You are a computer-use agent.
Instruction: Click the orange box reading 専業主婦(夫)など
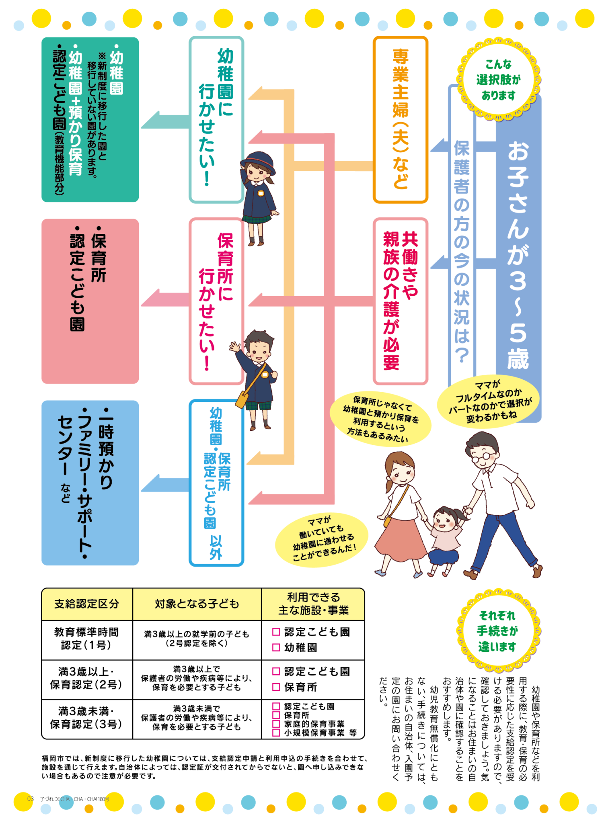401,119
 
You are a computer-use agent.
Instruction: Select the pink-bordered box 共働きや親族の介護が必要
401,301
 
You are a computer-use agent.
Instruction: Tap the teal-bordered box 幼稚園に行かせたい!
216,119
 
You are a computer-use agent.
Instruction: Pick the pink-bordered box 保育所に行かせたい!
216,301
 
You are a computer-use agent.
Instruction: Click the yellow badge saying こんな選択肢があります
498,80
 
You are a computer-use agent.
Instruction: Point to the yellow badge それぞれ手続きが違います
498,631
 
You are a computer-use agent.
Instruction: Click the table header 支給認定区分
87,604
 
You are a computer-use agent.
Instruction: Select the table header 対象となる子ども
197,604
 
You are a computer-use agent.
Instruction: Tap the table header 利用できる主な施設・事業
313,604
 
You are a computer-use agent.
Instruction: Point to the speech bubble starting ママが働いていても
322,539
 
